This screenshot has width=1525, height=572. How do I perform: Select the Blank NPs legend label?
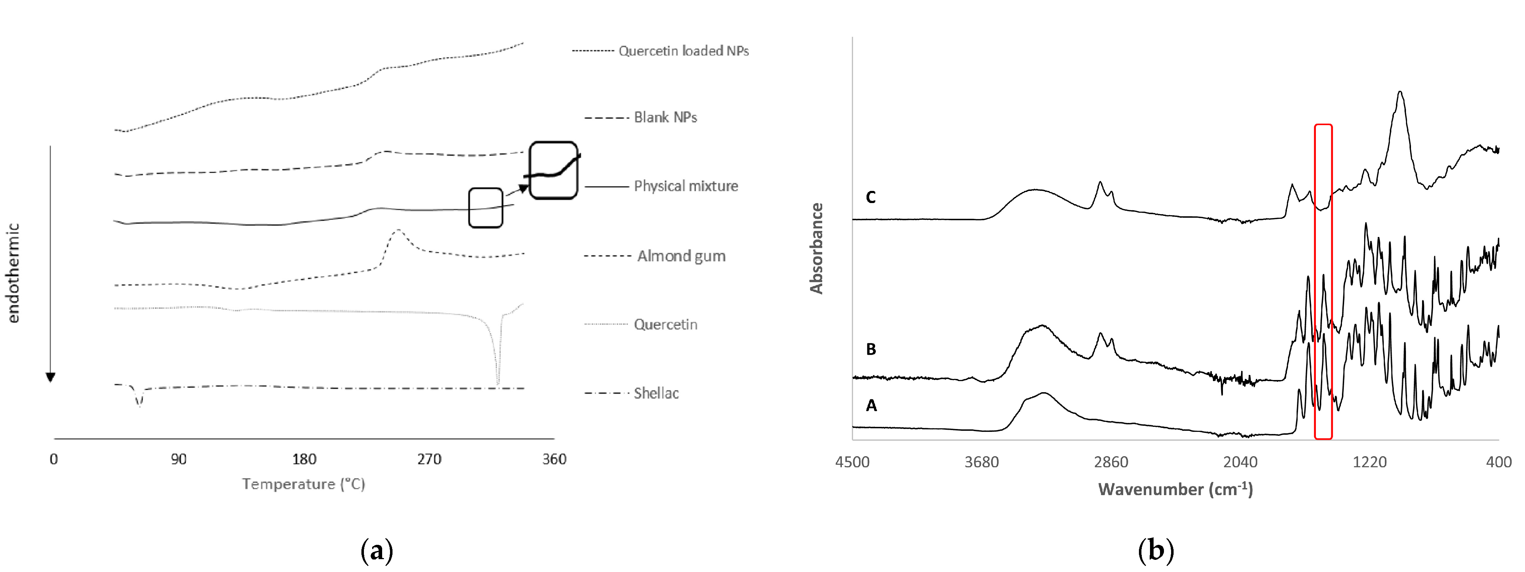665,117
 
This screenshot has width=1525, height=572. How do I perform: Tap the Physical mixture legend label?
686,186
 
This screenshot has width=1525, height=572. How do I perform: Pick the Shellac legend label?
656,393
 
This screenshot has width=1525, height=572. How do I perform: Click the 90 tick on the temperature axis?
179,459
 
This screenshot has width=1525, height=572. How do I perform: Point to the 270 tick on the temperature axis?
429,459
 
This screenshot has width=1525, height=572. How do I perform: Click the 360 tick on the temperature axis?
554,459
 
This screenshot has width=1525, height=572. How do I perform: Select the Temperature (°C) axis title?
303,484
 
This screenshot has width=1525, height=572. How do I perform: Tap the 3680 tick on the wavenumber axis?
982,462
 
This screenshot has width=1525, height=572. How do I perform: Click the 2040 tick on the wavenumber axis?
1240,462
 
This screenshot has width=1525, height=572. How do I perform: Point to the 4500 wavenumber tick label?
853,462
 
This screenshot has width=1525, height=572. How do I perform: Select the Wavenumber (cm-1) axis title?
1175,489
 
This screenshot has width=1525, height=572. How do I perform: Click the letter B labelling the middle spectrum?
871,349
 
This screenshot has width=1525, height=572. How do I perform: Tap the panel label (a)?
376,551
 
